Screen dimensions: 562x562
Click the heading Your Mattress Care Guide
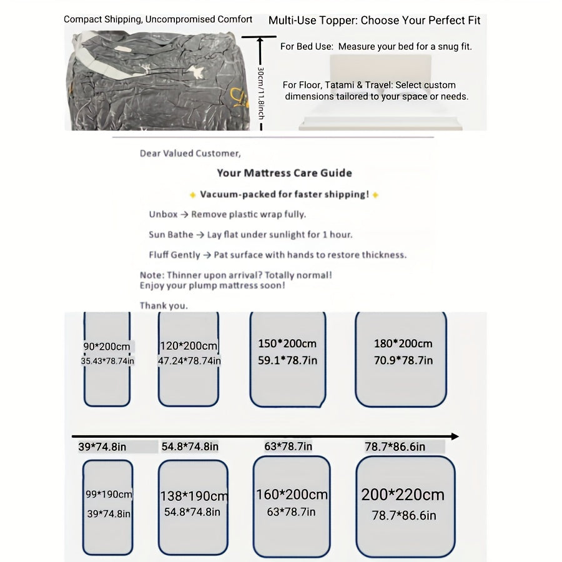point(284,173)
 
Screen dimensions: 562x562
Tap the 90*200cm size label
point(107,347)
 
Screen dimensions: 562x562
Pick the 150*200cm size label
point(287,343)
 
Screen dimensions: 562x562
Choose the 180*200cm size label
point(403,343)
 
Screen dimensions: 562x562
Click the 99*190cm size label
point(109,495)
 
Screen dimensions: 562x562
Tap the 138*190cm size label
point(193,496)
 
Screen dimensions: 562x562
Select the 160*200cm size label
point(292,495)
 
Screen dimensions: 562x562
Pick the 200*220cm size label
point(403,495)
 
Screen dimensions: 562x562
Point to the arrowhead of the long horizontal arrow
point(455,436)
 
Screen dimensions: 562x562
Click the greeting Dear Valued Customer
point(190,154)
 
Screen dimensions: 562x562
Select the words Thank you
point(164,306)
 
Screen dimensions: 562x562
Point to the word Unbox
point(163,214)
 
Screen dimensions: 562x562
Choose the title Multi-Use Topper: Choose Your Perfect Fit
point(375,21)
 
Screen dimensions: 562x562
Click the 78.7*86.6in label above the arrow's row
point(395,446)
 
